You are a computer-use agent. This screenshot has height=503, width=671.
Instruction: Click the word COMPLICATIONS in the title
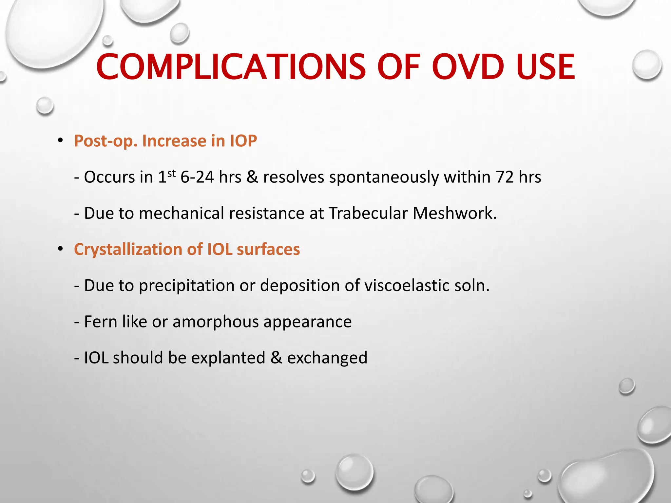tap(231, 67)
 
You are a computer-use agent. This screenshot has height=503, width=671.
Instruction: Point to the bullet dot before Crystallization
tap(60, 249)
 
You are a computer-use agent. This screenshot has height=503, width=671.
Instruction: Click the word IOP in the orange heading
tap(243, 141)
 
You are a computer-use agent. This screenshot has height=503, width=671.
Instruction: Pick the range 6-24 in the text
tap(197, 177)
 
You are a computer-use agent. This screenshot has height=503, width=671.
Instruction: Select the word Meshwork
tap(454, 213)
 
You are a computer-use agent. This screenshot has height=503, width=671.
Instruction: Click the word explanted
tap(228, 358)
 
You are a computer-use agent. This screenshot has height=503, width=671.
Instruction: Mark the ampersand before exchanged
tap(276, 358)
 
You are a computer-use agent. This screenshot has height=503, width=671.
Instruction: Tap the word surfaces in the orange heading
tap(268, 250)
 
